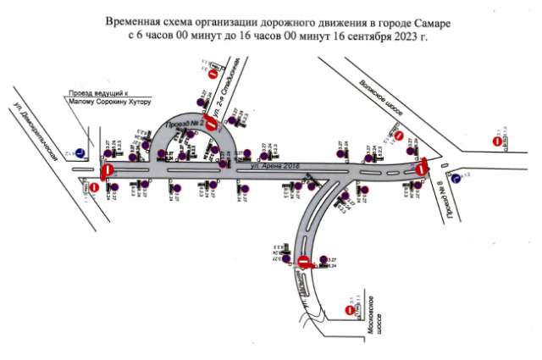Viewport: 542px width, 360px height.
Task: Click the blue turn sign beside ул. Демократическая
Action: click(x=79, y=153)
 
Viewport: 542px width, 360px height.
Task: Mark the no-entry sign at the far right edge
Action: click(x=496, y=141)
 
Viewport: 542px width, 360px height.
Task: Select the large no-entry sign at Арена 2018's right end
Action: click(x=423, y=169)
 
